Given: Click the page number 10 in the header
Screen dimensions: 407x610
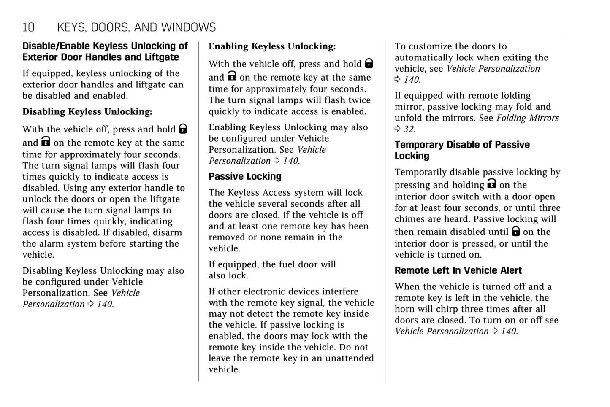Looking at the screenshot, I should [x=28, y=27].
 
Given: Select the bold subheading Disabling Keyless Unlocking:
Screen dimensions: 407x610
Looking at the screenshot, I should [x=87, y=112].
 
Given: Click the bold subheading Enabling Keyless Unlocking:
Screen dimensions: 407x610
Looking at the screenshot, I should [x=272, y=46].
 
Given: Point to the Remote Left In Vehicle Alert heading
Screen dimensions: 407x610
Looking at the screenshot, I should [x=458, y=270].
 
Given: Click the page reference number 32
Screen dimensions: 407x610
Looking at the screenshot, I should [x=409, y=129].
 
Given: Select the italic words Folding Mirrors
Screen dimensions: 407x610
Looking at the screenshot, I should [x=528, y=118].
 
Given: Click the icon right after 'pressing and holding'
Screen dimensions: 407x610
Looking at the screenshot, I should [x=491, y=184].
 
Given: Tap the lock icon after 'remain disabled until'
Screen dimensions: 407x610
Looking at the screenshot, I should [x=516, y=231].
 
